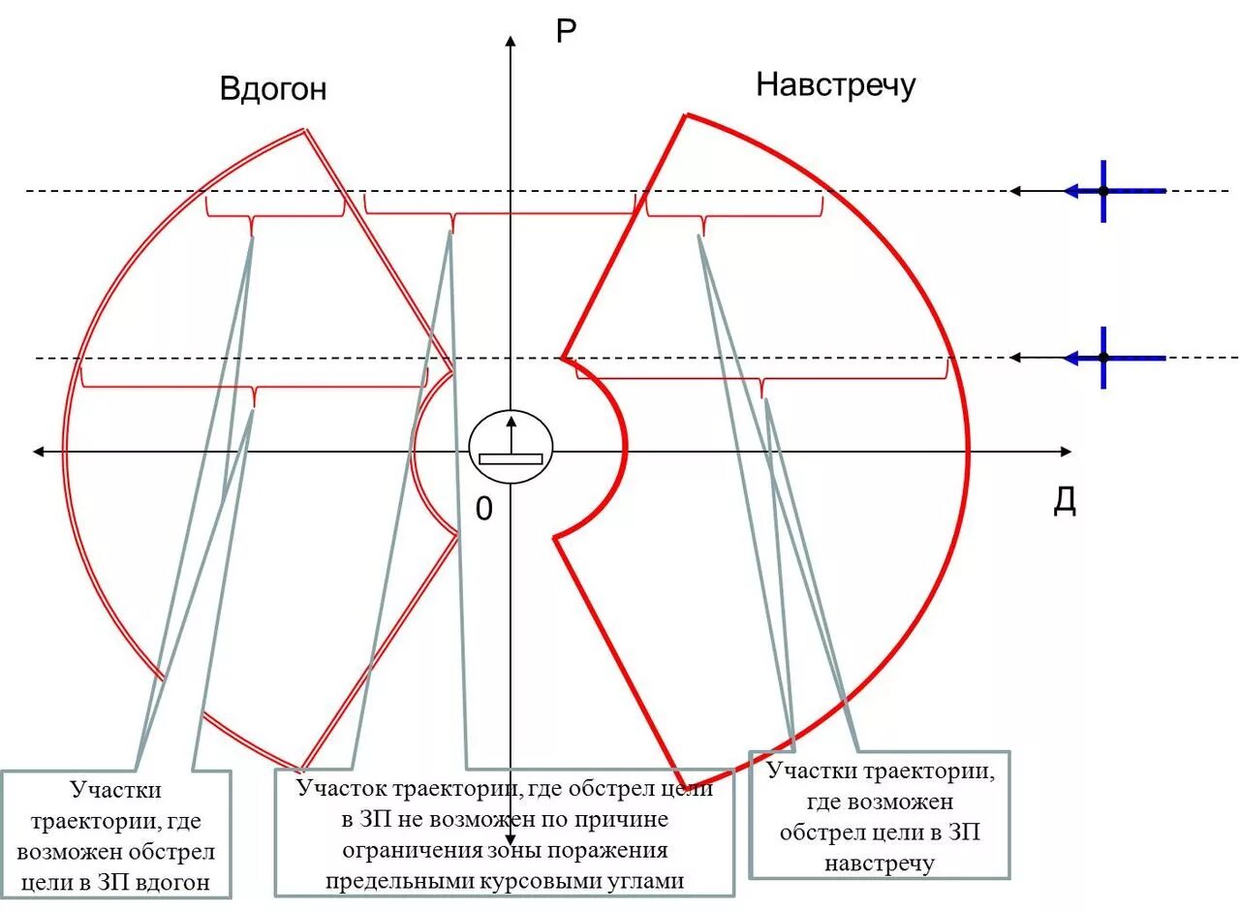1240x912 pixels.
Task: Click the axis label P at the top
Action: pos(566,32)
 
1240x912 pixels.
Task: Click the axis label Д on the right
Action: pos(1065,502)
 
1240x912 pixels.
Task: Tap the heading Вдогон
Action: pos(273,89)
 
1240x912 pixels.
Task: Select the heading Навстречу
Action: pos(835,85)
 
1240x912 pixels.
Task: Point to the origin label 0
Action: pos(483,508)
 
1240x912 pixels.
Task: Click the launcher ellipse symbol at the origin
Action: pos(511,450)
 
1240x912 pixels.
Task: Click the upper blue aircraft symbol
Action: pos(1103,191)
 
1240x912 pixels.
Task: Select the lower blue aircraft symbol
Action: pos(1103,358)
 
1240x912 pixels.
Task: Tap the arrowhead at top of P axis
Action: pos(511,41)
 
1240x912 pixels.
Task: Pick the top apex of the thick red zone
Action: pos(685,115)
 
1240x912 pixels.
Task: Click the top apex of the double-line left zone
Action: pos(306,129)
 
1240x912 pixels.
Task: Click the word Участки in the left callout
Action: pos(115,791)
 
